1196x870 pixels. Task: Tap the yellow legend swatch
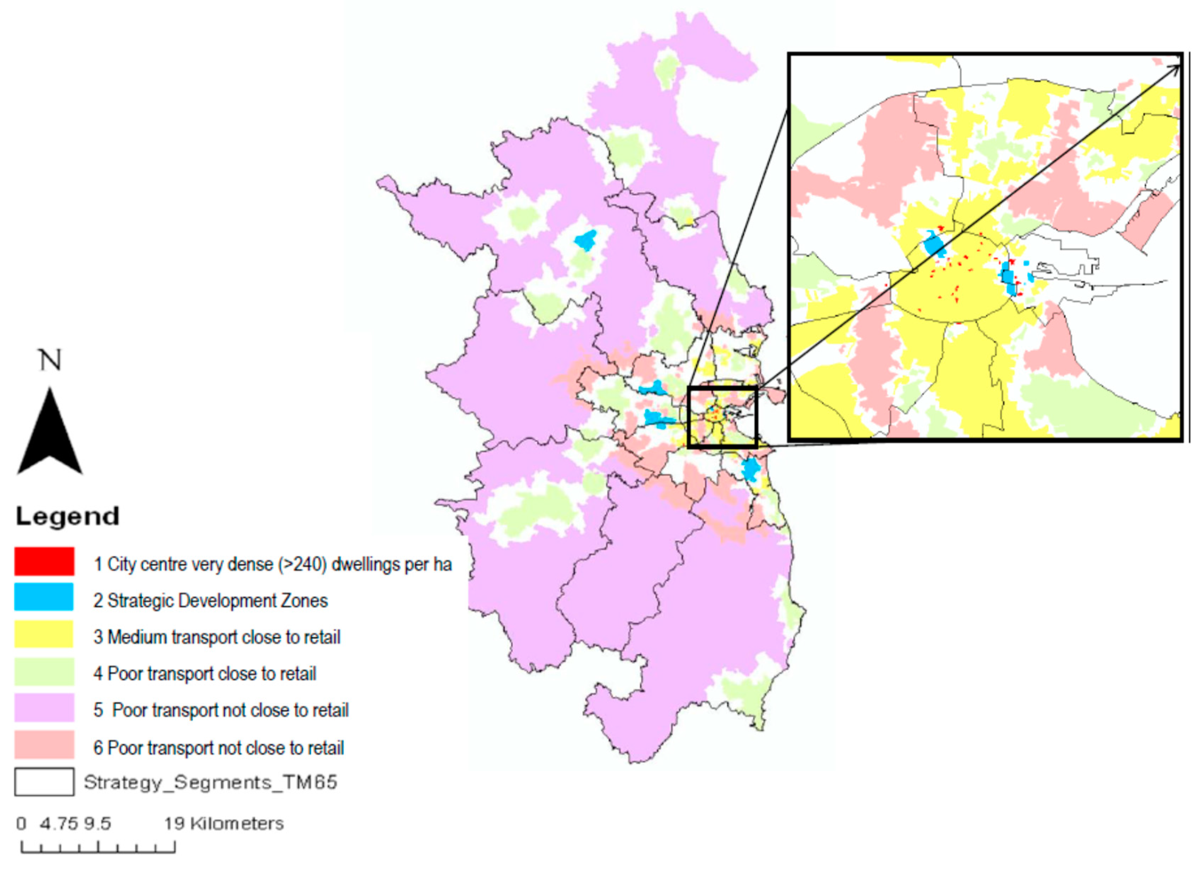(x=44, y=634)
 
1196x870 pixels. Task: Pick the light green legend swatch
(x=44, y=671)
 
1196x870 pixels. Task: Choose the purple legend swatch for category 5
(x=44, y=708)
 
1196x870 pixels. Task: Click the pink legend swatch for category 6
(x=44, y=744)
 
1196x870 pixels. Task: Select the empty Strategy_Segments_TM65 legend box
(x=44, y=782)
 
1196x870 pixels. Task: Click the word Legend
(x=68, y=516)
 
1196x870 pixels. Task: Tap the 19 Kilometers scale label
(x=224, y=823)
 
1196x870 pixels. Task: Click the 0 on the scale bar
(x=21, y=823)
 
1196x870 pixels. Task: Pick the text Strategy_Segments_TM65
(x=210, y=782)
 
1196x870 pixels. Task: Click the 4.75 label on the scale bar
(x=58, y=823)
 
